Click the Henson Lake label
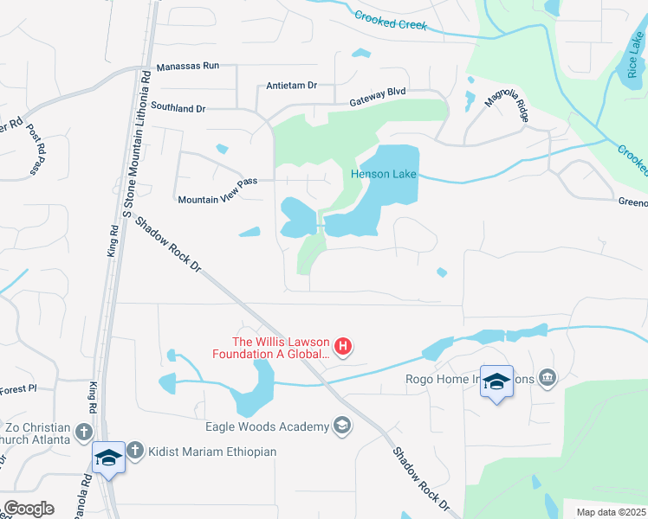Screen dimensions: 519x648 tap(383, 174)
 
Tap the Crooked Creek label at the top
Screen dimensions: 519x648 tap(391, 20)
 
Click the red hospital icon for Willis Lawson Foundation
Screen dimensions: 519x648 tap(343, 347)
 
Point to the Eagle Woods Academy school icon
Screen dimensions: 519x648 tap(342, 426)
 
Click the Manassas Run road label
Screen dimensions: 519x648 tap(188, 67)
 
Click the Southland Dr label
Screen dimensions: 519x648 tap(178, 109)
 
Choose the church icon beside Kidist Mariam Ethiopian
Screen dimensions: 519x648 tap(134, 451)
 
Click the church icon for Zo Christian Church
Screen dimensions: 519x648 tap(83, 431)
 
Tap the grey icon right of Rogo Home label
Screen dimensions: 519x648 tap(547, 377)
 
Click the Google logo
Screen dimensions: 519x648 tap(29, 509)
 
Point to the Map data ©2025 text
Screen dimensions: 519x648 tap(610, 512)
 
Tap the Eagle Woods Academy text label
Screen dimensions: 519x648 tap(267, 426)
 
